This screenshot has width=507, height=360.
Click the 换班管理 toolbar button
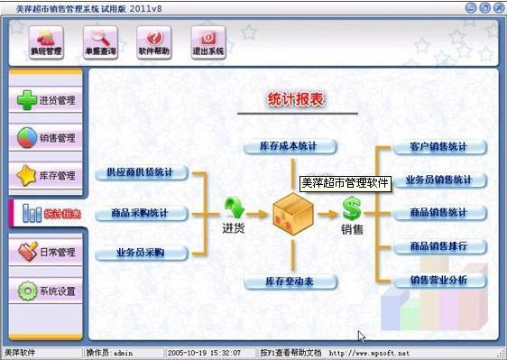[47, 42]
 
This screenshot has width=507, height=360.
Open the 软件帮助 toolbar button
[154, 42]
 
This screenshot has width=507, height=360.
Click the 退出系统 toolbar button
[208, 42]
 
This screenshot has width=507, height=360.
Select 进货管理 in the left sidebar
[47, 100]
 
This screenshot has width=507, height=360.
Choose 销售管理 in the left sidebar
[47, 138]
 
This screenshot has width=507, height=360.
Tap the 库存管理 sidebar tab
[47, 175]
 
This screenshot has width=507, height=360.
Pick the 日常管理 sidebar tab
[47, 253]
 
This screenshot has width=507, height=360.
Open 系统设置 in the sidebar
[47, 291]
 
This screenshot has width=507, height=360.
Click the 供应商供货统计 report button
[140, 172]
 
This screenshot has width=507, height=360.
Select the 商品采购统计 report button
[140, 213]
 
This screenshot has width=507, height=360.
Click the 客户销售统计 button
[438, 147]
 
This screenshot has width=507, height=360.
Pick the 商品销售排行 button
[438, 246]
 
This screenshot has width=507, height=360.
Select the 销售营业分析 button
[438, 281]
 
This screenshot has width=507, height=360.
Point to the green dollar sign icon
[352, 210]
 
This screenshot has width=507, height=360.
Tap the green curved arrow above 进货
[234, 208]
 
